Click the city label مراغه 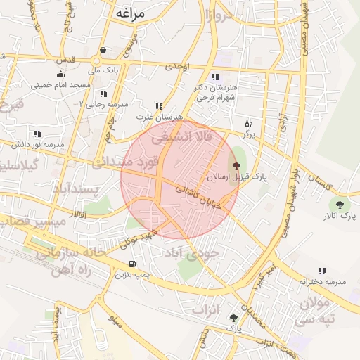pos(127,13)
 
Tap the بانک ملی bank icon pos(103,51)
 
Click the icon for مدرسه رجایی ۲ pos(103,94)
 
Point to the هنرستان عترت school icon pos(159,106)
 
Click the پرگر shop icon pos(248,124)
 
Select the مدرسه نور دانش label pos(39,143)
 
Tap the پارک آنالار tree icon pos(340,205)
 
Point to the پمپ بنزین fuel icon pos(132,265)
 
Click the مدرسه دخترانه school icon pos(322,271)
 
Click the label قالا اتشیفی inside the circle pos(187,136)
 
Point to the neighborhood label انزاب pos(207,309)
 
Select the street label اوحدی pos(177,67)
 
